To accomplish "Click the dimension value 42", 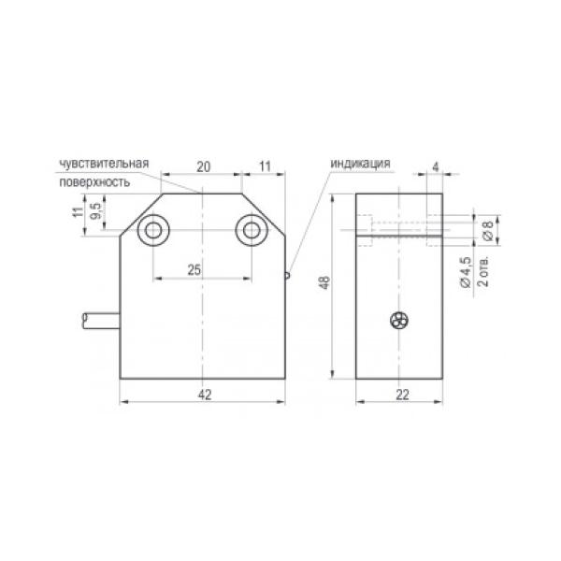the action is (205, 395).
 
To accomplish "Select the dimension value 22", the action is (402, 395).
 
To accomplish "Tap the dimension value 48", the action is (325, 282).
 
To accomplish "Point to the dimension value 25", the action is (194, 270).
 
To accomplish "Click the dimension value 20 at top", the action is (204, 166).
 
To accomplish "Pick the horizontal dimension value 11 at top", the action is (265, 166).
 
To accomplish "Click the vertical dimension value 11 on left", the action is (78, 212).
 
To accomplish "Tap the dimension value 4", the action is (436, 166).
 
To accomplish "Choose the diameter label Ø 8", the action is (488, 230).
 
